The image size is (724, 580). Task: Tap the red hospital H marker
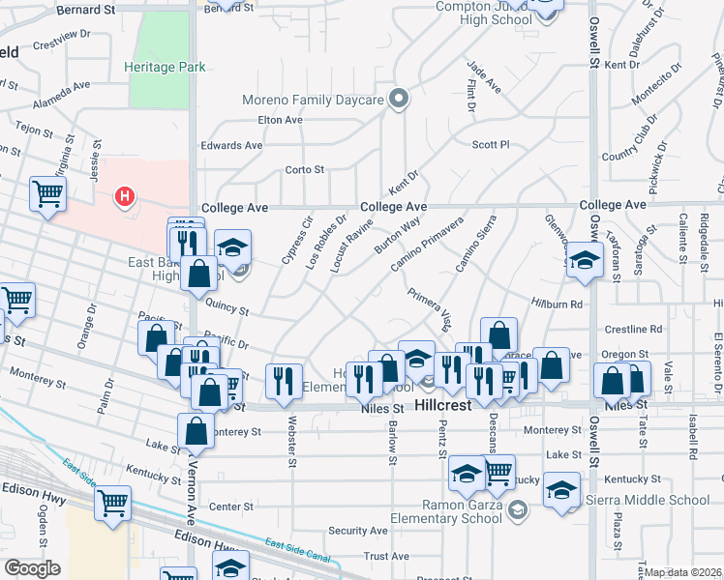124,197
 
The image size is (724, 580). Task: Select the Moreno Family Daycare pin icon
398,98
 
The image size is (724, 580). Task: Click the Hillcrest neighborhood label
443,406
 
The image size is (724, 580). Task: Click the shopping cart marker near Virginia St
46,194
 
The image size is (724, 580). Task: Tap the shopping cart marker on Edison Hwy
113,503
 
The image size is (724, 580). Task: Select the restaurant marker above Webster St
284,380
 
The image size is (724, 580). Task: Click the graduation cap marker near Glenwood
585,260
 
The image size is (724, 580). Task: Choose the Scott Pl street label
490,145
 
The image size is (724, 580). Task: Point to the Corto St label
304,170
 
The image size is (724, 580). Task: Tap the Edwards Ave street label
231,145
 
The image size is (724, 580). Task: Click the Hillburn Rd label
561,304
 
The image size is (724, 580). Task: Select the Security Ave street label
358,531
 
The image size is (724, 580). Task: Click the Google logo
32,568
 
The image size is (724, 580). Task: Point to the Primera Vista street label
430,307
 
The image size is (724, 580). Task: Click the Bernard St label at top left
86,9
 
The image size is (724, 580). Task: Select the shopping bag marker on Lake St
196,431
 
